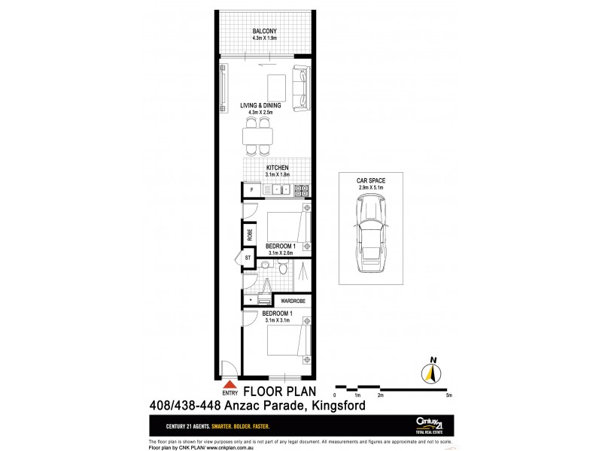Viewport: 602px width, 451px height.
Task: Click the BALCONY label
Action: click(264, 31)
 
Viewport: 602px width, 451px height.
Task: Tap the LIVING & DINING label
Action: click(260, 106)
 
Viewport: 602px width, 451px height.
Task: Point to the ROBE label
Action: click(248, 235)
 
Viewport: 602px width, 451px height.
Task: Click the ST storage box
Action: click(248, 259)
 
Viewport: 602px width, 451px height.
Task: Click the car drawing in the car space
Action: click(369, 234)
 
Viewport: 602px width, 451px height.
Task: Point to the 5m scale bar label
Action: click(448, 395)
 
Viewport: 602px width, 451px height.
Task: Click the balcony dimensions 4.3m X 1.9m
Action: click(264, 38)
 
